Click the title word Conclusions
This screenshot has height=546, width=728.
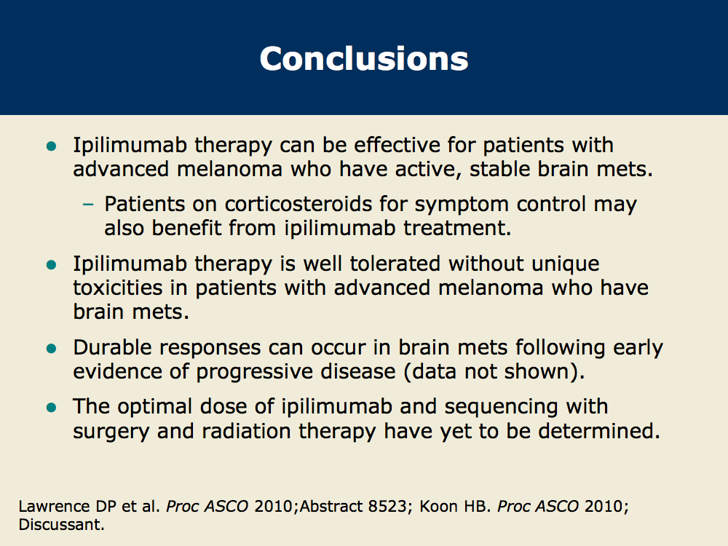pyautogui.click(x=364, y=59)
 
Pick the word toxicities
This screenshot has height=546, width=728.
pyautogui.click(x=117, y=288)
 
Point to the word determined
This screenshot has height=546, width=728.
pyautogui.click(x=599, y=430)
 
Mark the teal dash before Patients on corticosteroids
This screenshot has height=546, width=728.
pyautogui.click(x=88, y=205)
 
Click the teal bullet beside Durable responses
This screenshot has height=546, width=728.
pyautogui.click(x=52, y=348)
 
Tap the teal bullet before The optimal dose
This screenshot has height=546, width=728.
pyautogui.click(x=52, y=408)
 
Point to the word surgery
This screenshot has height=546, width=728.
pyautogui.click(x=111, y=431)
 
